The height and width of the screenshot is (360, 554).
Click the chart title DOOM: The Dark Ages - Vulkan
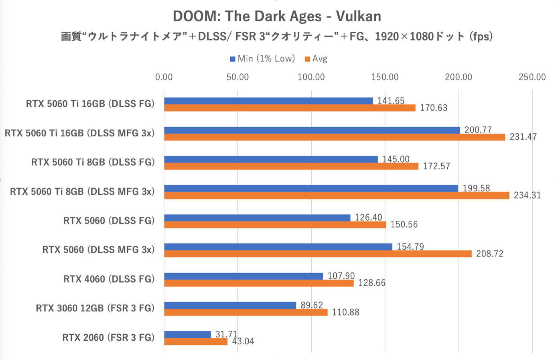click(277, 16)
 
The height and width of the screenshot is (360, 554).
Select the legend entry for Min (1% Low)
click(262, 59)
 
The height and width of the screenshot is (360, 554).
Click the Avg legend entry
click(316, 59)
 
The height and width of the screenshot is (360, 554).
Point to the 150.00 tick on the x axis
click(385, 77)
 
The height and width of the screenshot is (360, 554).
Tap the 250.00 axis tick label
click(532, 77)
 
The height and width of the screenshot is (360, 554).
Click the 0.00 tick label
click(164, 77)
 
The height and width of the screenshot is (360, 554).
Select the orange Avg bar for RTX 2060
click(195, 342)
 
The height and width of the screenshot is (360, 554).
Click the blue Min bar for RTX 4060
click(243, 276)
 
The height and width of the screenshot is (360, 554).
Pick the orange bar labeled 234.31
click(336, 195)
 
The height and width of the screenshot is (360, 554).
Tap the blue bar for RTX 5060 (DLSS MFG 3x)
click(278, 247)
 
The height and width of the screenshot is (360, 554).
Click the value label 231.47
click(523, 137)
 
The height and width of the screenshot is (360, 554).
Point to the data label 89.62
click(312, 305)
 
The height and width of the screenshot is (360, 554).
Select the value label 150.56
click(404, 224)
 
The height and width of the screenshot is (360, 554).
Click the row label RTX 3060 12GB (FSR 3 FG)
click(95, 308)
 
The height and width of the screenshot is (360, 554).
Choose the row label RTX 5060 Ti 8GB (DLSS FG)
click(93, 162)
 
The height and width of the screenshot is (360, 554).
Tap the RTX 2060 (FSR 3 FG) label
click(108, 338)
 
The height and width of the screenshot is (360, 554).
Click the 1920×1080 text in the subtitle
click(404, 37)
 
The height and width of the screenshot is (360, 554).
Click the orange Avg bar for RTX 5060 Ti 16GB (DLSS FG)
click(289, 108)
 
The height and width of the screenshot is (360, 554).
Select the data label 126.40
click(368, 218)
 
